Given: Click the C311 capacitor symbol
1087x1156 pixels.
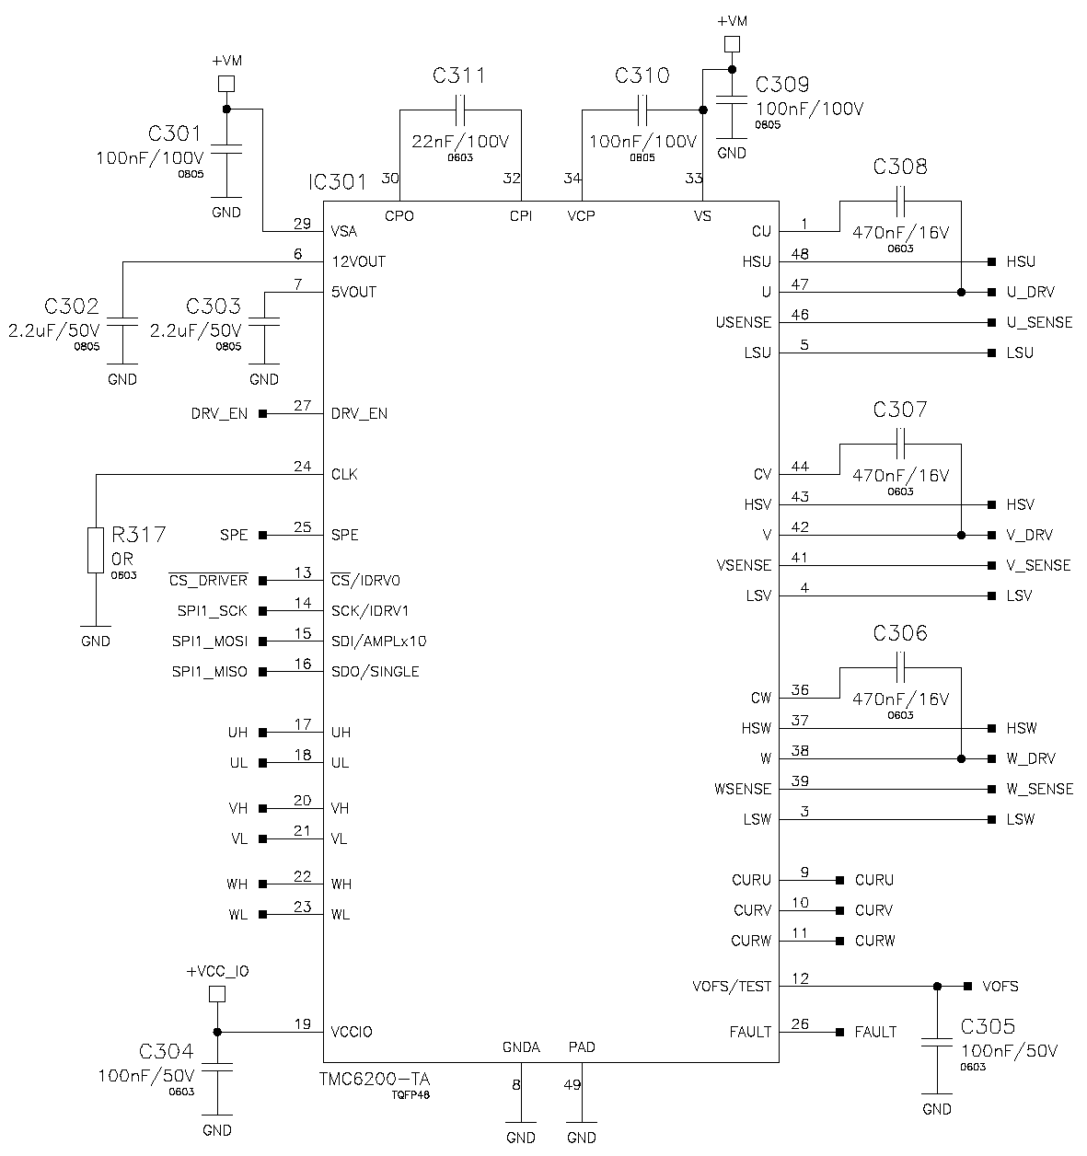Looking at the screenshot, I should pos(460,110).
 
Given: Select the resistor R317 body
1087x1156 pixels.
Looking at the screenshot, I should pos(96,550).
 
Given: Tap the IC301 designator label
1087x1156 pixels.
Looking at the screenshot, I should pos(338,182).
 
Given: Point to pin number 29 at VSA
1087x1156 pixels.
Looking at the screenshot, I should pos(302,224).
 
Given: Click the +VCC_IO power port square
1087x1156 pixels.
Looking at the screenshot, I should pos(217,994).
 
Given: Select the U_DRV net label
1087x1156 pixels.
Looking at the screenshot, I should pos(1030,292).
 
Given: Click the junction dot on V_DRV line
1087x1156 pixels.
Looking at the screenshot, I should pos(961,535).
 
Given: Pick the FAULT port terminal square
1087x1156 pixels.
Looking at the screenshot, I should pos(839,1032).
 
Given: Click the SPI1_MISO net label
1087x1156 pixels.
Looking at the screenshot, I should pos(210,672).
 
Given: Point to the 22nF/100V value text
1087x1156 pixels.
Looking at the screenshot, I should pos(460,142).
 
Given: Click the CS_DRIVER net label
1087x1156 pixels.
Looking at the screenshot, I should pos(208,581).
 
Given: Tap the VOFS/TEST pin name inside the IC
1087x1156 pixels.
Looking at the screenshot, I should pos(732,987).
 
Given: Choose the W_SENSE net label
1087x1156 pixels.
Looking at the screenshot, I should pos(1039,789).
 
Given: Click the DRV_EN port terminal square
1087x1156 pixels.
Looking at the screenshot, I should pos(263,414).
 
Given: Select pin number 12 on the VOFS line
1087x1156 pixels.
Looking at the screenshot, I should pos(800,978).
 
